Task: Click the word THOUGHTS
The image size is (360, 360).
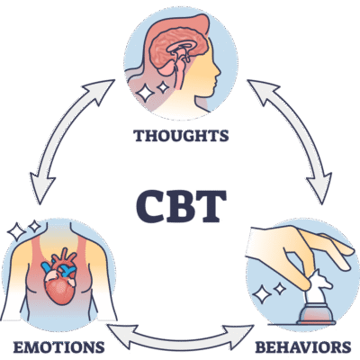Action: click(180, 138)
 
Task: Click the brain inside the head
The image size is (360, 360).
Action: click(172, 55)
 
